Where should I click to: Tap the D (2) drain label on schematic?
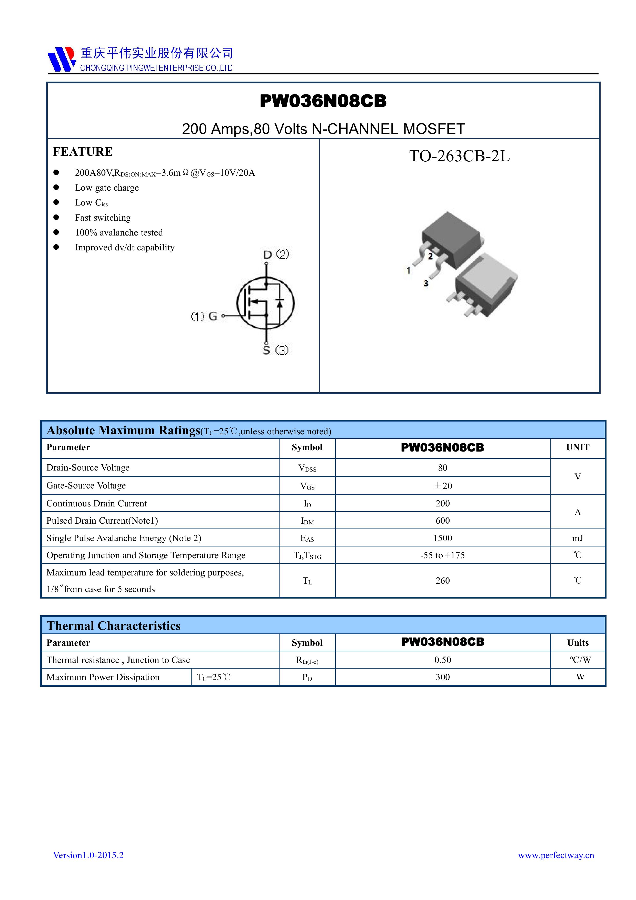tap(276, 255)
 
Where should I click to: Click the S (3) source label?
tap(275, 350)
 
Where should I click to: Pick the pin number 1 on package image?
tap(408, 270)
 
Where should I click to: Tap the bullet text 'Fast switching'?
tap(103, 218)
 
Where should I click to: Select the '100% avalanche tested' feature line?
tap(119, 232)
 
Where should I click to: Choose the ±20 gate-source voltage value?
tap(442, 486)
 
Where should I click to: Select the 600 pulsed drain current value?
tap(442, 521)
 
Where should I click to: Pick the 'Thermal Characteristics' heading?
tap(114, 625)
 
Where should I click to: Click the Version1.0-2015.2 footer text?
tap(88, 855)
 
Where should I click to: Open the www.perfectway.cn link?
tap(556, 855)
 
